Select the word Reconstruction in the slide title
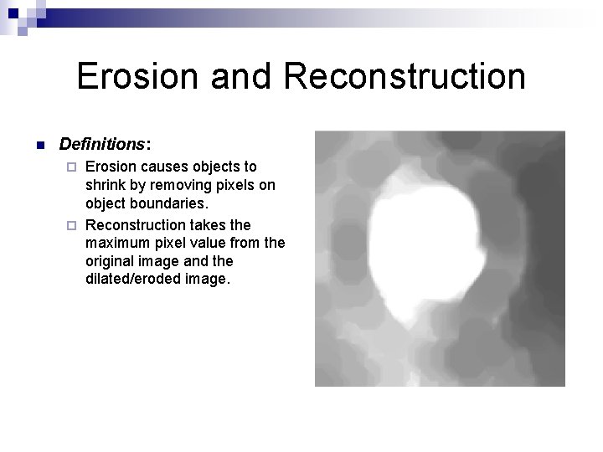(405, 76)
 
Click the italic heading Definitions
(98, 144)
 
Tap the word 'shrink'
(106, 185)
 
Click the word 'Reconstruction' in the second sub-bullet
(138, 224)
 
